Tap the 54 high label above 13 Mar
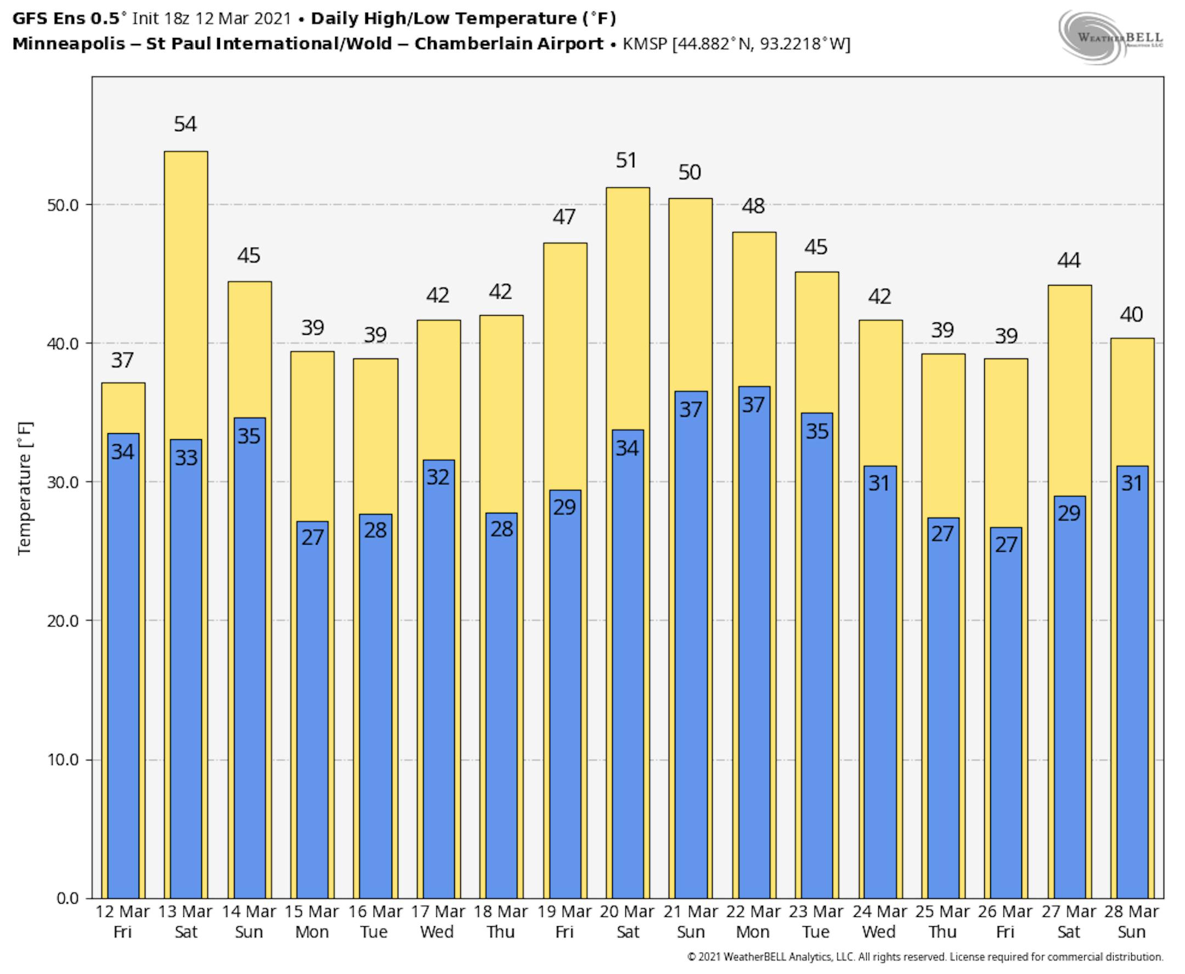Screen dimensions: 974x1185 (x=185, y=124)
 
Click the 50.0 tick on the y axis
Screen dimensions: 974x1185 (x=63, y=205)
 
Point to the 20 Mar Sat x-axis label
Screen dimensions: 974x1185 (x=627, y=922)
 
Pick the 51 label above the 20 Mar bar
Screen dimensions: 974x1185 (x=626, y=160)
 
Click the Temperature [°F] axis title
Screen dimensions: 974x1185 (x=25, y=488)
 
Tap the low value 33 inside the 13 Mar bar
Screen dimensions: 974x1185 (x=186, y=458)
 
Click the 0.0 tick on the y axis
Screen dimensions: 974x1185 (x=67, y=898)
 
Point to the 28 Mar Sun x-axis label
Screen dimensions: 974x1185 (x=1131, y=922)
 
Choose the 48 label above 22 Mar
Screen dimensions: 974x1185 (x=753, y=206)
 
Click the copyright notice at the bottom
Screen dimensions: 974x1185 (x=925, y=957)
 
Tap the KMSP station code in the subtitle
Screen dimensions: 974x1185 (x=645, y=44)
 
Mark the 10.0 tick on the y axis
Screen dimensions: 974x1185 (x=63, y=760)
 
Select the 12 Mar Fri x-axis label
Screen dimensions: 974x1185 (x=122, y=922)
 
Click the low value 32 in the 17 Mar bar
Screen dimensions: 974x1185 (x=438, y=478)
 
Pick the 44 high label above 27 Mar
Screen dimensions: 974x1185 (x=1068, y=260)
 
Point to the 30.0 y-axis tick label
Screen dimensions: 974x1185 (x=63, y=482)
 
